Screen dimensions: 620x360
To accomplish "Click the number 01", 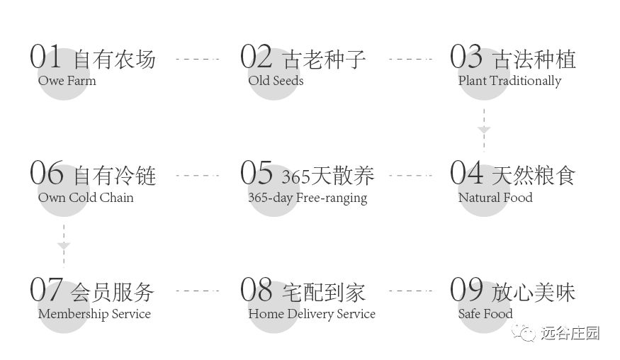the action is pos(46,57).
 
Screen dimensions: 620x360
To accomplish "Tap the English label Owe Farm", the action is pos(67,81).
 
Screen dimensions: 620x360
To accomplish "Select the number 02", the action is pos(256,57).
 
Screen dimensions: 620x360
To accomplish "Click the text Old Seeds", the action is pos(276,81).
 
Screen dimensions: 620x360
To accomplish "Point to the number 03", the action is pos(466,57).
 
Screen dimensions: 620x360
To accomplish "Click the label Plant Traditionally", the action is pos(509,81).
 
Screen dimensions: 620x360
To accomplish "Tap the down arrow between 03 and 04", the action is pos(483,130).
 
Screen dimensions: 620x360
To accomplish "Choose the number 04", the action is pos(466,173).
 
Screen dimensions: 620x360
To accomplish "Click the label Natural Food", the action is pos(495,198).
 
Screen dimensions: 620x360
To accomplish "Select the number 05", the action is pos(256,173).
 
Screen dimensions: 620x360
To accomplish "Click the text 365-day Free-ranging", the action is pos(308,198).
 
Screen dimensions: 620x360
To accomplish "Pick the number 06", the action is pos(46,173).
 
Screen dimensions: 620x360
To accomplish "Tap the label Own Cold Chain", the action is pos(86,198).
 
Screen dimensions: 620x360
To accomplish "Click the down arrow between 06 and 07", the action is pos(64,246).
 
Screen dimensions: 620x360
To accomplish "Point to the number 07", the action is pos(46,289).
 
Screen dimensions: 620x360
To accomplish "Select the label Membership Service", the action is pos(94,314).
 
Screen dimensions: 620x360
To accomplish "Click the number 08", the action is pos(256,289).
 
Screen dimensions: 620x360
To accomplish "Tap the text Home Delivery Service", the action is pos(312,314).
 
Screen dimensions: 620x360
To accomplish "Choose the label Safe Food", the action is pos(485,314).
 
